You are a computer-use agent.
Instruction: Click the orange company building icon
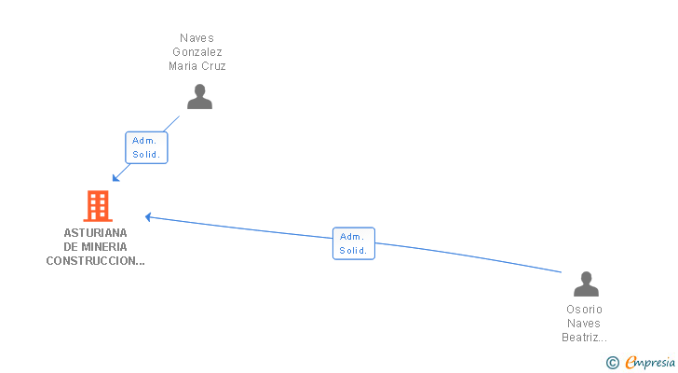[97, 206]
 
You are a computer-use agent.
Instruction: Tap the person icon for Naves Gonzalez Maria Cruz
[199, 97]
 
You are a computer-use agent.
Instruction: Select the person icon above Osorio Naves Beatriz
[586, 284]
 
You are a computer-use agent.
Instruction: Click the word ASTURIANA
[96, 233]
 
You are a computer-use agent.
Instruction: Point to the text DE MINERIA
[96, 247]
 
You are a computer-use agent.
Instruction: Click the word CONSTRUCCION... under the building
[96, 261]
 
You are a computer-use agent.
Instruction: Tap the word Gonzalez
[197, 52]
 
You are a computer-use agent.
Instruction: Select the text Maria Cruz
[197, 66]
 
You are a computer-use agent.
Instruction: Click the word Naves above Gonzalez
[197, 38]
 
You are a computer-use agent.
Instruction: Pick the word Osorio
[585, 310]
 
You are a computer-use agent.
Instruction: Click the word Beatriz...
[585, 338]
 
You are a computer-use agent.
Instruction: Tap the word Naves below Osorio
[585, 324]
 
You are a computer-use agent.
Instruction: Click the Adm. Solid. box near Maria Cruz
[146, 147]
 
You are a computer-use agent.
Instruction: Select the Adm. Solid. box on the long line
[354, 243]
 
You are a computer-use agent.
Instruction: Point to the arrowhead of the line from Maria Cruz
[115, 178]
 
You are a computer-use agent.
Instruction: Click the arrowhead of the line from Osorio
[147, 217]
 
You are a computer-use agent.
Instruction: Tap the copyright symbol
[612, 363]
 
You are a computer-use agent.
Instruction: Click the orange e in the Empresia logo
[631, 363]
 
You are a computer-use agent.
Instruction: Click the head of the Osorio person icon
[586, 277]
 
